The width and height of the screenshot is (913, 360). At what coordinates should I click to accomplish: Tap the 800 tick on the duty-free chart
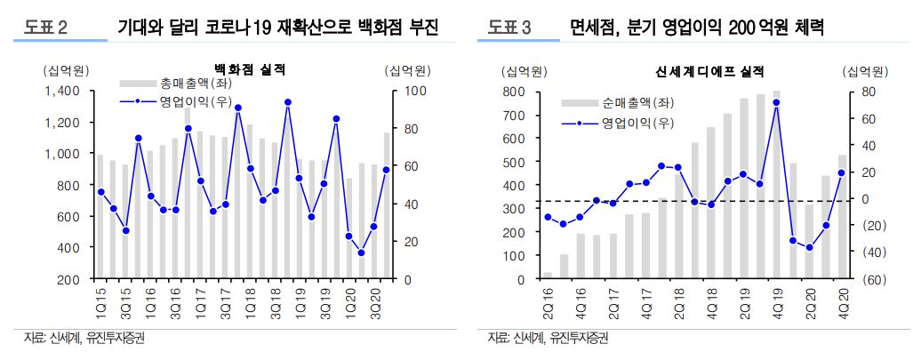pyautogui.click(x=515, y=91)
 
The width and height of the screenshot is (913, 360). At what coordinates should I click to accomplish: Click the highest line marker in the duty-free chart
pyautogui.click(x=776, y=102)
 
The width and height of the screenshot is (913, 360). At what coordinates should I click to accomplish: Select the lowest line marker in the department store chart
pyautogui.click(x=361, y=252)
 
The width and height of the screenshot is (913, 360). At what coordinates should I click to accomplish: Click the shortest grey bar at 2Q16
pyautogui.click(x=548, y=276)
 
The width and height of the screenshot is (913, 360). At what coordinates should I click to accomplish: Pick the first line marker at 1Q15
pyautogui.click(x=100, y=192)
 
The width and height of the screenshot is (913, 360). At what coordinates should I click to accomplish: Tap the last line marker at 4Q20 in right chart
pyautogui.click(x=841, y=172)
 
